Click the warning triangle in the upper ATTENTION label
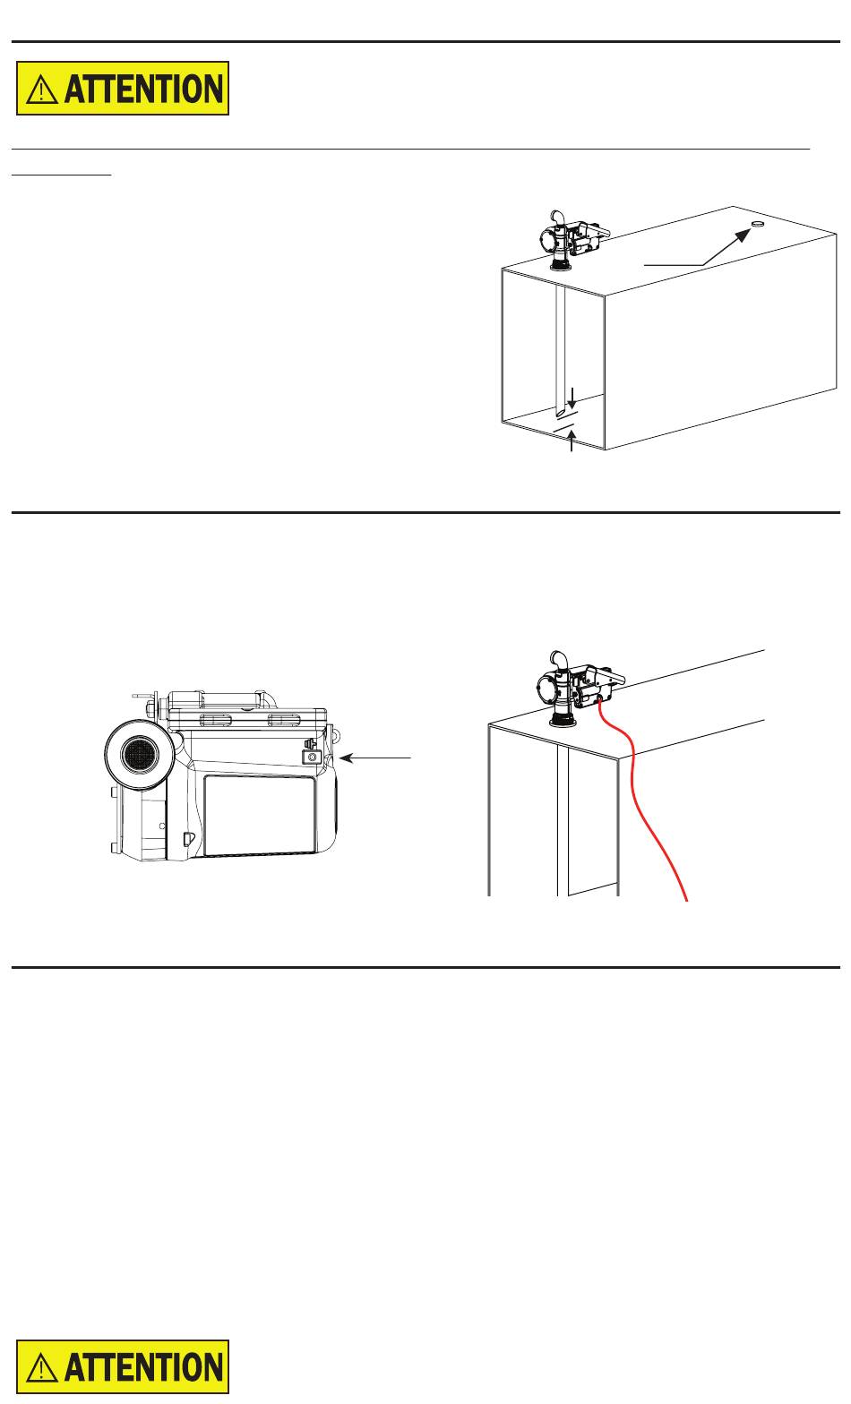click(x=42, y=89)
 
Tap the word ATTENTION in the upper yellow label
click(x=143, y=89)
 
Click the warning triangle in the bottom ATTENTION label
click(x=42, y=1367)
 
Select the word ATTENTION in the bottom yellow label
click(x=143, y=1367)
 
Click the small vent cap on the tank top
click(x=758, y=224)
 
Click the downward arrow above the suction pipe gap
click(x=572, y=398)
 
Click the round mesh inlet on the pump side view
click(x=139, y=754)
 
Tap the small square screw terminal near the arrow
click(x=312, y=758)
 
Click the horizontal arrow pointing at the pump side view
click(x=375, y=758)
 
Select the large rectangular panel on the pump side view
click(x=260, y=815)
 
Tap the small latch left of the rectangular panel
click(x=187, y=838)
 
